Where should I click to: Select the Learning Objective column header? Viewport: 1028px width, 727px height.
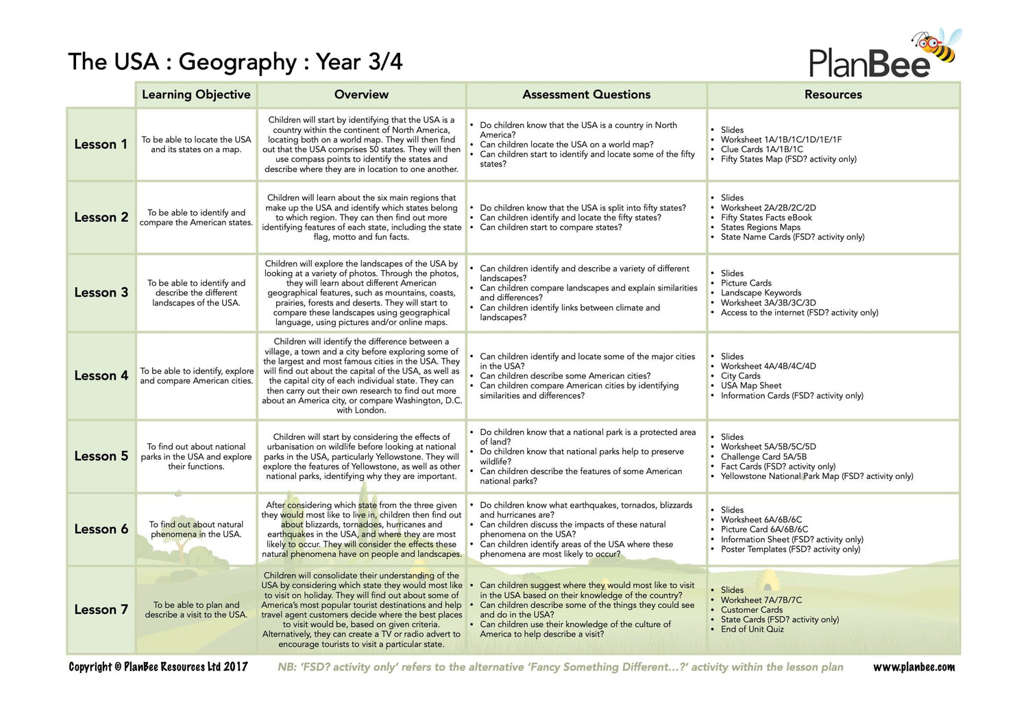(x=196, y=95)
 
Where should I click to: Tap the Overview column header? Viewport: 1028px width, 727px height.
(x=361, y=95)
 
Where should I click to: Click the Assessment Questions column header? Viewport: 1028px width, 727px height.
(x=586, y=95)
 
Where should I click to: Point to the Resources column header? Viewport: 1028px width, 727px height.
(x=833, y=95)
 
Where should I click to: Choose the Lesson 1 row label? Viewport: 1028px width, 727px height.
(x=101, y=145)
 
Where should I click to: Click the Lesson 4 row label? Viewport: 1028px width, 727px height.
(x=101, y=375)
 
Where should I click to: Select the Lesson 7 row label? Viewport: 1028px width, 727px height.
(x=101, y=610)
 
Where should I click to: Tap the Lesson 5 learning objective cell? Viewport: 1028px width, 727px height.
(x=196, y=456)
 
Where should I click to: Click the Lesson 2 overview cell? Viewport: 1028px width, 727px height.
(x=361, y=217)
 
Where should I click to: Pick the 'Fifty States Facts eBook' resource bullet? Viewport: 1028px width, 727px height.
(x=766, y=218)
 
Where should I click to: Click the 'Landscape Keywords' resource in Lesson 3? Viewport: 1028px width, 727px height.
(x=761, y=293)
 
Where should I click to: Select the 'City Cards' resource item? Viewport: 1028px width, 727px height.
(x=740, y=376)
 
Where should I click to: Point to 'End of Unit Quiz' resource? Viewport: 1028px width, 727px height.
(x=752, y=629)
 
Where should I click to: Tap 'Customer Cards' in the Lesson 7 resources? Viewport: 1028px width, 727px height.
(x=751, y=610)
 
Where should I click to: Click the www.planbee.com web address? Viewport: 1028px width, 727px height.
(x=914, y=667)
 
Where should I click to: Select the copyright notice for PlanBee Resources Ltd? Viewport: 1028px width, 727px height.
(x=158, y=667)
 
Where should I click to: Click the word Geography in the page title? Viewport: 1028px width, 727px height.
(x=237, y=62)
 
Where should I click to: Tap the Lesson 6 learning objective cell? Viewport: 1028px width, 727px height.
(x=196, y=530)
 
